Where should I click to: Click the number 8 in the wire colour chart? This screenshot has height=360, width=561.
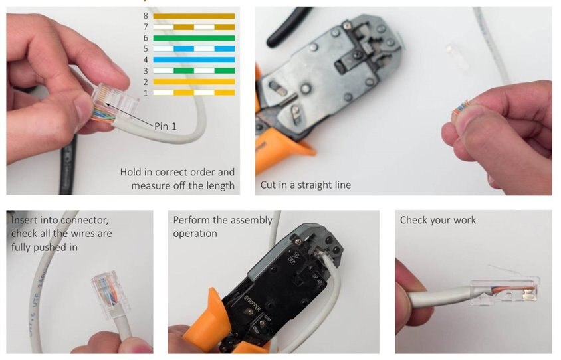pyautogui.click(x=146, y=16)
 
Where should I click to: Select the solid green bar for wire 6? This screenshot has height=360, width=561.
pyautogui.click(x=194, y=38)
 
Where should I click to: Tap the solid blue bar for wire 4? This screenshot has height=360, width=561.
pyautogui.click(x=194, y=60)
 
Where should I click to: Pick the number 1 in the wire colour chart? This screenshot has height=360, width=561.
pyautogui.click(x=146, y=93)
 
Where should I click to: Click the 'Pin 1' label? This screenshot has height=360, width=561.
pyautogui.click(x=166, y=126)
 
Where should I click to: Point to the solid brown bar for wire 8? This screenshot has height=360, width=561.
pyautogui.click(x=194, y=16)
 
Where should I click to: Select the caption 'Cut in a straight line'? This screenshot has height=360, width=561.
pyautogui.click(x=306, y=185)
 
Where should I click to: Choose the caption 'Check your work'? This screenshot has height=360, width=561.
pyautogui.click(x=438, y=220)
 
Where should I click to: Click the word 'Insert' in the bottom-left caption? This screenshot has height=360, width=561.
pyautogui.click(x=24, y=219)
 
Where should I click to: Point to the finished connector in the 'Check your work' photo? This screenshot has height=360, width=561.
pyautogui.click(x=505, y=290)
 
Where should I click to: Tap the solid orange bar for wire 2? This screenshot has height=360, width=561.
pyautogui.click(x=194, y=82)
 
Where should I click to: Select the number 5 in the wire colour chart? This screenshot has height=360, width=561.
pyautogui.click(x=146, y=49)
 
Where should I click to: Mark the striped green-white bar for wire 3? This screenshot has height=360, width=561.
pyautogui.click(x=194, y=71)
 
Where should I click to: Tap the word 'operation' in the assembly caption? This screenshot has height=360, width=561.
pyautogui.click(x=195, y=234)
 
